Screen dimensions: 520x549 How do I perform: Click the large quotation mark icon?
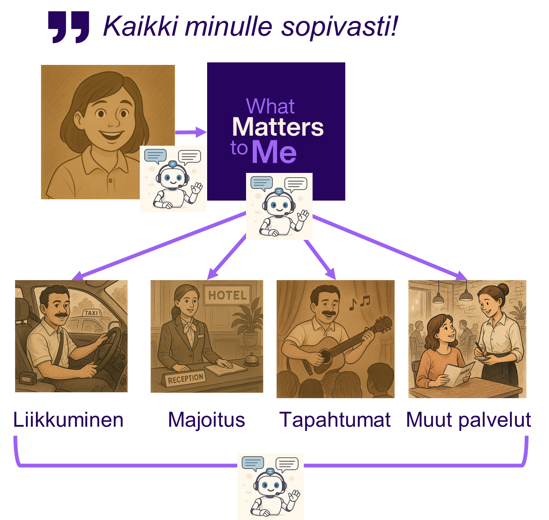tap(69, 27)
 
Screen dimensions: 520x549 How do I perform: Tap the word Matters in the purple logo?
tap(278, 127)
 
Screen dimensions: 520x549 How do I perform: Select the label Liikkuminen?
tap(68, 420)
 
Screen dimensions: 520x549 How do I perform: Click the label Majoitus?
tap(206, 420)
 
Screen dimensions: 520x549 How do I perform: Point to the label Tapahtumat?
tap(335, 420)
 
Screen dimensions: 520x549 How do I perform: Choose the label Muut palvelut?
tap(469, 420)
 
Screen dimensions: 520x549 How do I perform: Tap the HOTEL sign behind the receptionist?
tap(227, 295)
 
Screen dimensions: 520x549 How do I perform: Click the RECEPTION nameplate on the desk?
tap(185, 378)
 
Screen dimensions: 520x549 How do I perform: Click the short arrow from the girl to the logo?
tap(191, 133)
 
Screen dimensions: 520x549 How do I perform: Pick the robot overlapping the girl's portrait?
tap(173, 179)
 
